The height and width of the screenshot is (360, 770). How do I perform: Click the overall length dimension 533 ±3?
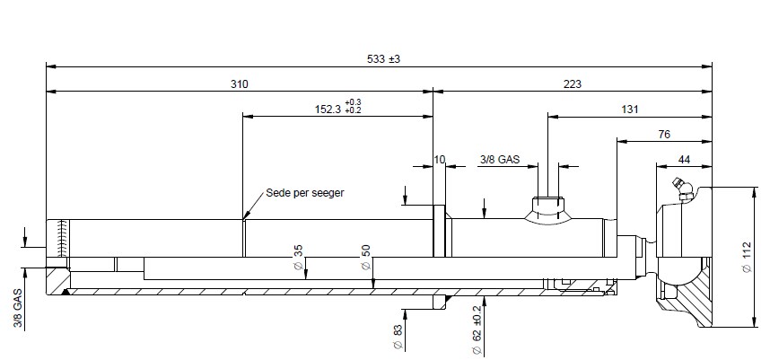pyautogui.click(x=383, y=59)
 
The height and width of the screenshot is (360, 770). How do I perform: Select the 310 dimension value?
pyautogui.click(x=240, y=84)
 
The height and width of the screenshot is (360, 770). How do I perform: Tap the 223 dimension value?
pyautogui.click(x=573, y=84)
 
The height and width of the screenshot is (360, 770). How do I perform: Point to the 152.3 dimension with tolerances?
pyautogui.click(x=337, y=107)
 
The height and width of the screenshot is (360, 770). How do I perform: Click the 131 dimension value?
pyautogui.click(x=630, y=109)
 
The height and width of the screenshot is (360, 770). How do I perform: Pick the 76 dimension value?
pyautogui.click(x=664, y=134)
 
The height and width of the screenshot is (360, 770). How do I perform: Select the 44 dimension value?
pyautogui.click(x=684, y=159)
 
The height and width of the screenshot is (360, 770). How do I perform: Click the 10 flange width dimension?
pyautogui.click(x=440, y=159)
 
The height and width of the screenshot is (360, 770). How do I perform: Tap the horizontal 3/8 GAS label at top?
pyautogui.click(x=499, y=159)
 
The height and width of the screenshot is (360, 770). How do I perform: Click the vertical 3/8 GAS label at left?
pyautogui.click(x=18, y=309)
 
